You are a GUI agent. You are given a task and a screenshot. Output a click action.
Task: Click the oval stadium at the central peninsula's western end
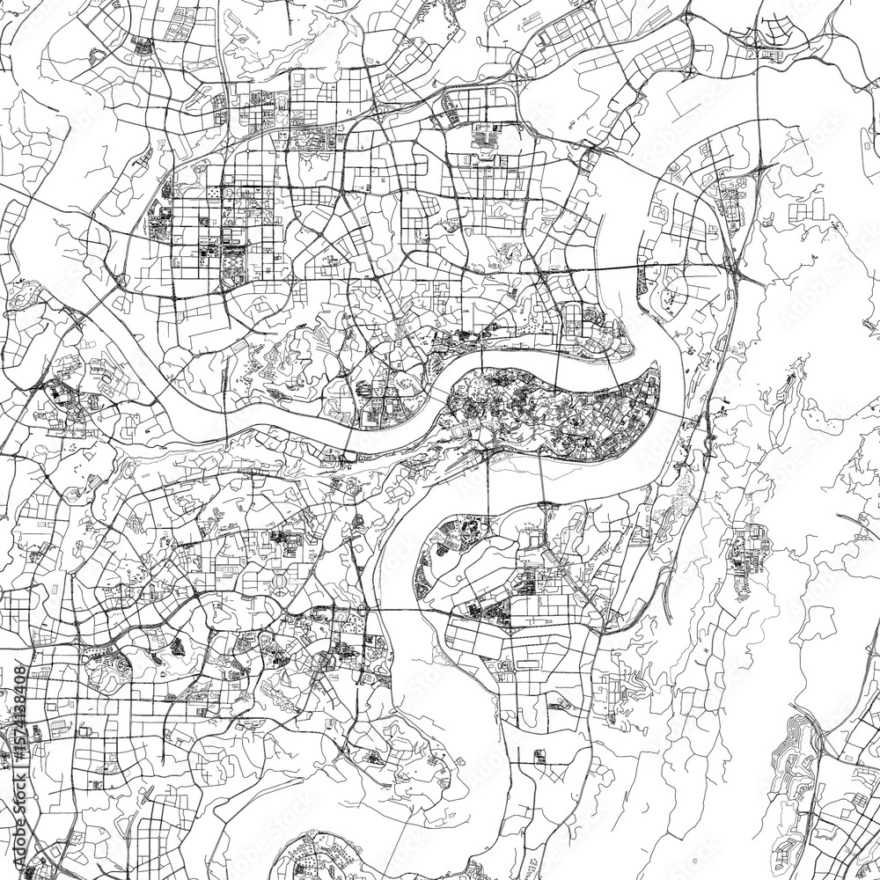464,432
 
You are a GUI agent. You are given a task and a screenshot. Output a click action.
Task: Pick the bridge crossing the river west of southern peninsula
374,609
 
